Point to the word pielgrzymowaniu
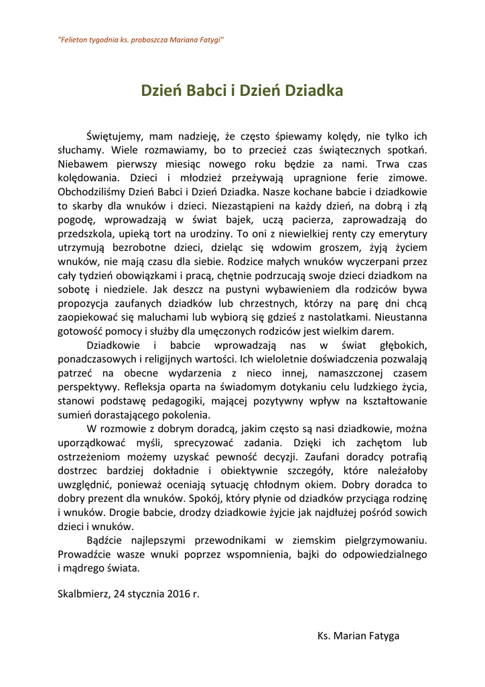(x=385, y=540)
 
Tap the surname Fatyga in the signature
(x=380, y=635)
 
